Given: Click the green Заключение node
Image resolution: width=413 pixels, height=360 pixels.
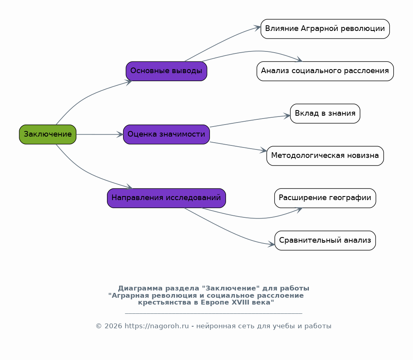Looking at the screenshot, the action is (x=48, y=135).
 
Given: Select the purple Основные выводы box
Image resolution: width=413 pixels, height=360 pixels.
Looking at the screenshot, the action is (x=166, y=71).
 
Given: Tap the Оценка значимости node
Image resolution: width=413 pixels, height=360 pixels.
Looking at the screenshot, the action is (x=166, y=135).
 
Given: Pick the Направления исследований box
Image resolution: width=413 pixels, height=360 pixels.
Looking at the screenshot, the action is (x=166, y=198).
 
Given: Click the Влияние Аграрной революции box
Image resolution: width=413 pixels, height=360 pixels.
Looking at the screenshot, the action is (x=325, y=29).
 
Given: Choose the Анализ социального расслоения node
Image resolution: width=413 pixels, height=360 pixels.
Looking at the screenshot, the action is (x=325, y=71).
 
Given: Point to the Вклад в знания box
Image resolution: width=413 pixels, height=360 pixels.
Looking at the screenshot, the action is (x=325, y=113).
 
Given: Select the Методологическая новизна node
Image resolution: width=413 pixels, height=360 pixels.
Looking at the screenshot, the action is (x=325, y=156).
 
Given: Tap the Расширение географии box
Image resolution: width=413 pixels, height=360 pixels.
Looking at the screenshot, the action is (x=325, y=198).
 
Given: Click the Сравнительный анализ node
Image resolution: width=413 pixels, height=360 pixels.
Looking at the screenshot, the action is (x=325, y=241).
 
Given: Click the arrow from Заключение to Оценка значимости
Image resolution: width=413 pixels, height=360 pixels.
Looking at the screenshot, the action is (x=100, y=135).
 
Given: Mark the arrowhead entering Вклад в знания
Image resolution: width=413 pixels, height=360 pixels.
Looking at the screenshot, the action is (x=287, y=116).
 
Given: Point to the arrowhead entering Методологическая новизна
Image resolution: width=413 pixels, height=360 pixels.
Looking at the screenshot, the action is (x=263, y=150).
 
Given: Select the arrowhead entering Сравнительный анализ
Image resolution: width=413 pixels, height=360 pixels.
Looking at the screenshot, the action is (x=271, y=244).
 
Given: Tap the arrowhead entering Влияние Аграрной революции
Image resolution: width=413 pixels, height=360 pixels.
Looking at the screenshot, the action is (x=257, y=28).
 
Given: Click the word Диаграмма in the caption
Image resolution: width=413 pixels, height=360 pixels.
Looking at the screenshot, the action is (x=140, y=288).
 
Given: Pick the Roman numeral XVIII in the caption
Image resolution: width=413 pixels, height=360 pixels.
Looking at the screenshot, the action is (x=240, y=303).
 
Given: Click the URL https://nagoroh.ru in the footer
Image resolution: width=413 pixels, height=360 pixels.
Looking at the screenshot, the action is (x=157, y=326).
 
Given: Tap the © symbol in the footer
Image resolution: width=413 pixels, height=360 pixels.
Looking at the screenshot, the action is (x=99, y=326).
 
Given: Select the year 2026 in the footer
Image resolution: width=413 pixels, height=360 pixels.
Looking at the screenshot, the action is (x=113, y=326).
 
